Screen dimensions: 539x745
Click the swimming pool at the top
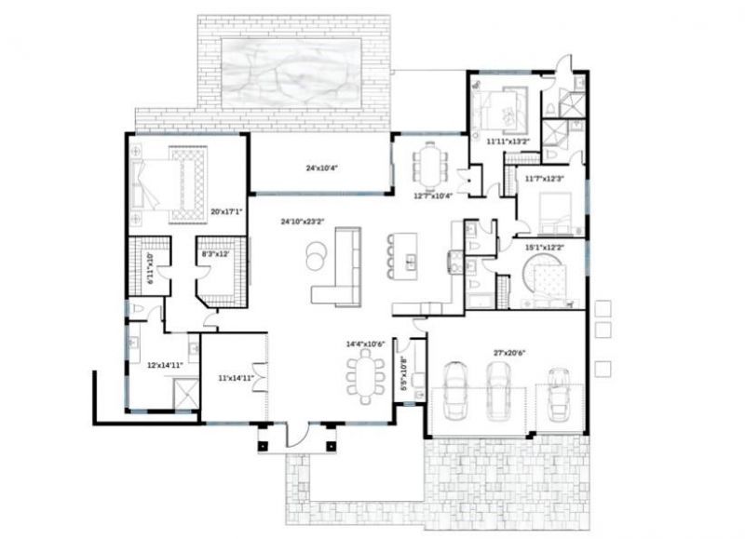291,66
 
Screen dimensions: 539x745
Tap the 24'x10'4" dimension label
320,169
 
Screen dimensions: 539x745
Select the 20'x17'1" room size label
226,212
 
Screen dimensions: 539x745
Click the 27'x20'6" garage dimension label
509,353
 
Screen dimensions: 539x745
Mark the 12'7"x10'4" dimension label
432,195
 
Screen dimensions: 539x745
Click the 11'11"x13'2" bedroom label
508,141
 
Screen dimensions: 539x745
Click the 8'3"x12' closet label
215,253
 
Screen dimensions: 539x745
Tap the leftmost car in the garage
457,388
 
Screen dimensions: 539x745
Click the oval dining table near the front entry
364,377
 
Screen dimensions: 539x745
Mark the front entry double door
296,434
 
